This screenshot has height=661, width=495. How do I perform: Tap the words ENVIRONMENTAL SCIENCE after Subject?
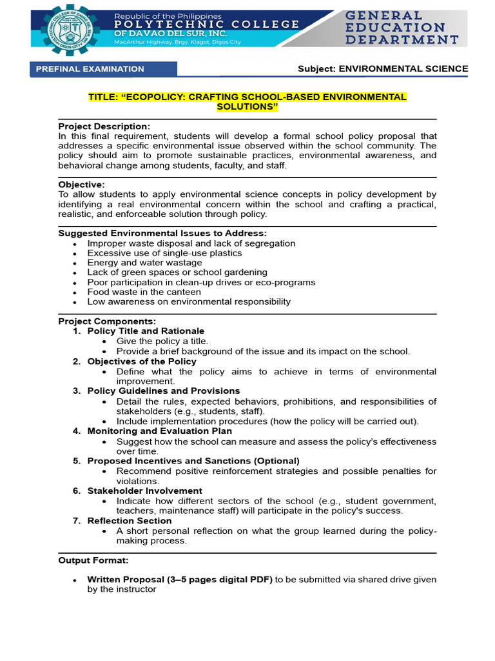pos(403,68)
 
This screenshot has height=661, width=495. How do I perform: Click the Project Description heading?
pos(104,127)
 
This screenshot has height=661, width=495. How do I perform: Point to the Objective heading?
pos(82,185)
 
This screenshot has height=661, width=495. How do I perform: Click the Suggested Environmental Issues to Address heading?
pos(162,233)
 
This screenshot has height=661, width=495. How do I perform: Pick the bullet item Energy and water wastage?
pos(144,263)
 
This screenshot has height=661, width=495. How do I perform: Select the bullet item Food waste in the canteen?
pos(144,292)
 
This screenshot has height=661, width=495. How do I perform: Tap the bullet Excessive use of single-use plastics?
pos(164,253)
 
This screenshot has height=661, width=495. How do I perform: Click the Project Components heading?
pos(107,321)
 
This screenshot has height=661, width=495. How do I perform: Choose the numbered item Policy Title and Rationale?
pos(146,331)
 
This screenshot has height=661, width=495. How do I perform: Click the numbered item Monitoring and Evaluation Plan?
pos(159,431)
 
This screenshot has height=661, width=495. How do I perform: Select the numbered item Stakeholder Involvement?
pos(144,491)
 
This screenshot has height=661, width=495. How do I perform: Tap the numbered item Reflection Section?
pos(130,520)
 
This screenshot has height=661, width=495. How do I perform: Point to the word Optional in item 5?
pos(277,461)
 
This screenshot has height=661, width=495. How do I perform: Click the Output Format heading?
pos(93,560)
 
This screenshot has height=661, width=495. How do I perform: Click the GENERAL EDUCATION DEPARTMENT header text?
pos(402,28)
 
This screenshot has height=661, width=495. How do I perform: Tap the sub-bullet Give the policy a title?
pos(162,341)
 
